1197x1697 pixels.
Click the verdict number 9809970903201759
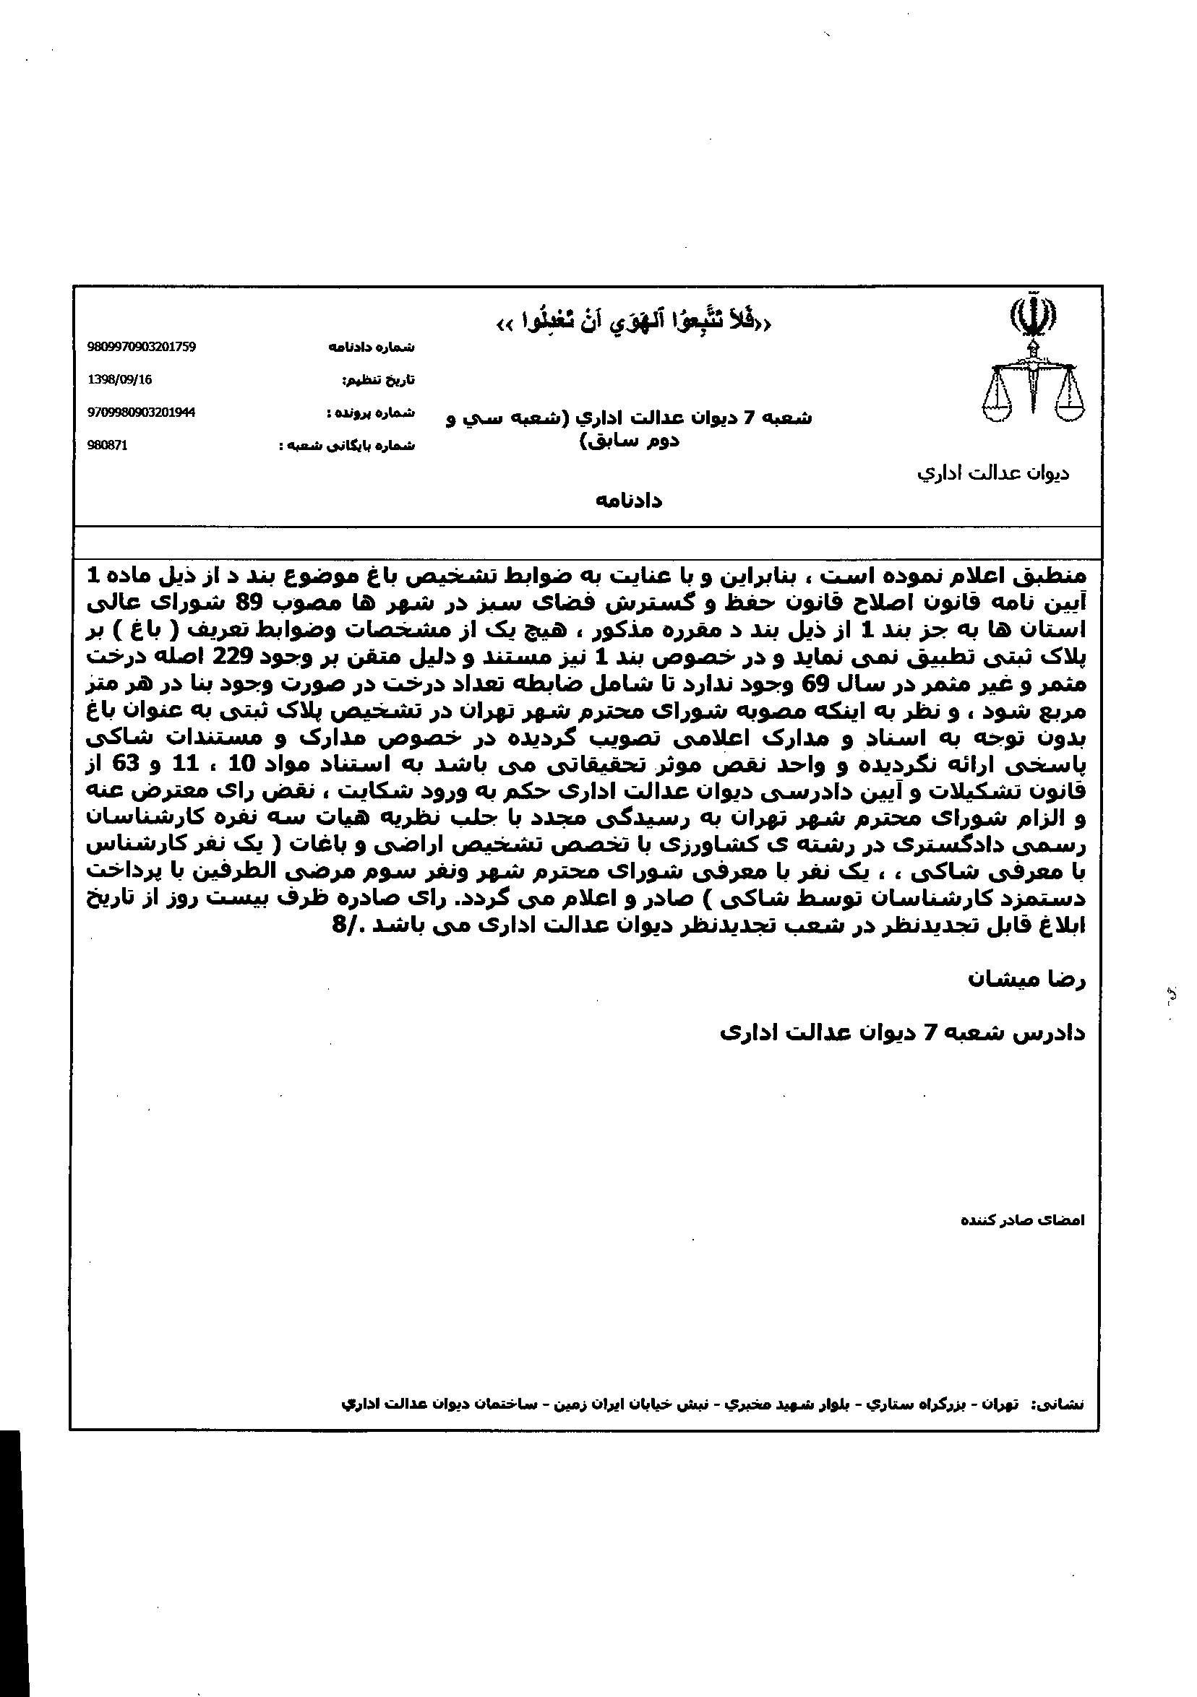click(x=141, y=347)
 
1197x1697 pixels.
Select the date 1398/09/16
click(x=120, y=379)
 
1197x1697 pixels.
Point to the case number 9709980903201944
click(x=141, y=413)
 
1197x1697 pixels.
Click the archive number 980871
click(x=107, y=446)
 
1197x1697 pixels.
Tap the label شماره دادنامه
click(x=371, y=347)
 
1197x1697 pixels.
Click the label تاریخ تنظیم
click(x=378, y=380)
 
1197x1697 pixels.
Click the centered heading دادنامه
click(x=629, y=501)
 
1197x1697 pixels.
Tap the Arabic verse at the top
click(x=632, y=322)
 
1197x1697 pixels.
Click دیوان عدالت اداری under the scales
click(x=993, y=473)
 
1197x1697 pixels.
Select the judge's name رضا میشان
click(x=1026, y=980)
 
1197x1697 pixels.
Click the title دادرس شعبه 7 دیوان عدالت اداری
click(x=902, y=1032)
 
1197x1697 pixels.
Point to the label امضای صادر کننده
click(x=1022, y=1220)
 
